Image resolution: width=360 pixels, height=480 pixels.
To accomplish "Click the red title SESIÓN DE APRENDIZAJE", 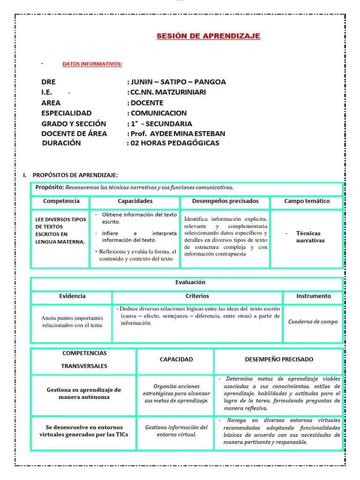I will (x=208, y=36).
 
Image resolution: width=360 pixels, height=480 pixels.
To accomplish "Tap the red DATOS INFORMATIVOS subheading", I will (x=92, y=64).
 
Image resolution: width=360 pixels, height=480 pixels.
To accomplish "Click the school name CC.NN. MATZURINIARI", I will (x=167, y=92).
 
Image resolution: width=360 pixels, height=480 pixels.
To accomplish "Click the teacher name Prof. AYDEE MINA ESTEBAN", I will (x=177, y=133).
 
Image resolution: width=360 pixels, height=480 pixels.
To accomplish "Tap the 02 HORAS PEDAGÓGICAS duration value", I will (x=174, y=143).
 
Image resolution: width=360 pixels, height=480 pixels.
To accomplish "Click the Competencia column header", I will (x=61, y=201).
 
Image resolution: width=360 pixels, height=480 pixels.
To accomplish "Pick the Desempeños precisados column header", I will (x=225, y=201).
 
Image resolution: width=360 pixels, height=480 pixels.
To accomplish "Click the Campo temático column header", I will (x=307, y=201).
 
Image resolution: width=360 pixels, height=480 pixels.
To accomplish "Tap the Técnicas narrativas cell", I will (x=310, y=237).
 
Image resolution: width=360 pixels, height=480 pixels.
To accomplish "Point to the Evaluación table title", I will (x=187, y=283).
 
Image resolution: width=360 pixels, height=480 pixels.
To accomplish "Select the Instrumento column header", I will (x=313, y=296).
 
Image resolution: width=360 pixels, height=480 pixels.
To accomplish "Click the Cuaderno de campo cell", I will (x=313, y=322).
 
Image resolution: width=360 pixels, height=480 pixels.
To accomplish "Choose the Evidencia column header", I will (x=72, y=296).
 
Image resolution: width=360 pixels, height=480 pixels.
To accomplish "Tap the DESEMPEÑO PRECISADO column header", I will (x=279, y=360).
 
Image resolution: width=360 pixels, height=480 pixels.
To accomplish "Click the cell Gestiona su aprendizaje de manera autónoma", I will (x=84, y=393).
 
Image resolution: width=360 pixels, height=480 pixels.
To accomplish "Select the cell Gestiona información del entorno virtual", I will (x=176, y=431).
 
